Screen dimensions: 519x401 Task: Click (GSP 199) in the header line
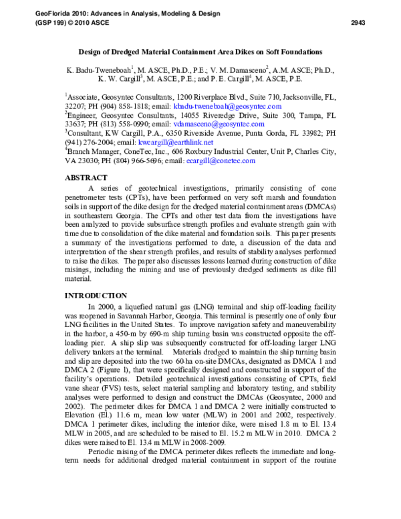click(x=44, y=22)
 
